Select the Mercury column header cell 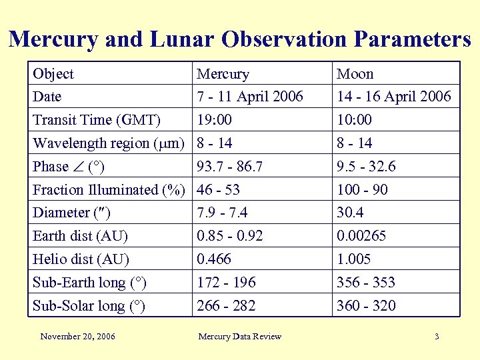pos(223,73)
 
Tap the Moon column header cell pos(355,73)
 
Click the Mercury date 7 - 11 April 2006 pos(250,97)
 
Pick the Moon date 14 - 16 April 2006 pos(393,97)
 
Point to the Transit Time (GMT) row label pos(97,120)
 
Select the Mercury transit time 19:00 pos(215,120)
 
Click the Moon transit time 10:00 pos(355,120)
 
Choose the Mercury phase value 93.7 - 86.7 pos(230,167)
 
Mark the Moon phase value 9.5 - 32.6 pos(366,167)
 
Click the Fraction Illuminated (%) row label pos(109,190)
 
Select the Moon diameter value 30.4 pos(351,213)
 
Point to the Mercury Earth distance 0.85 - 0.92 pos(230,236)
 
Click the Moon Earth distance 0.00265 pos(361,236)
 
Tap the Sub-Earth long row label pos(89,283)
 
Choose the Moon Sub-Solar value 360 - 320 pos(366,306)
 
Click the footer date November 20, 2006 pos(77,337)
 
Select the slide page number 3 pos(437,337)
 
